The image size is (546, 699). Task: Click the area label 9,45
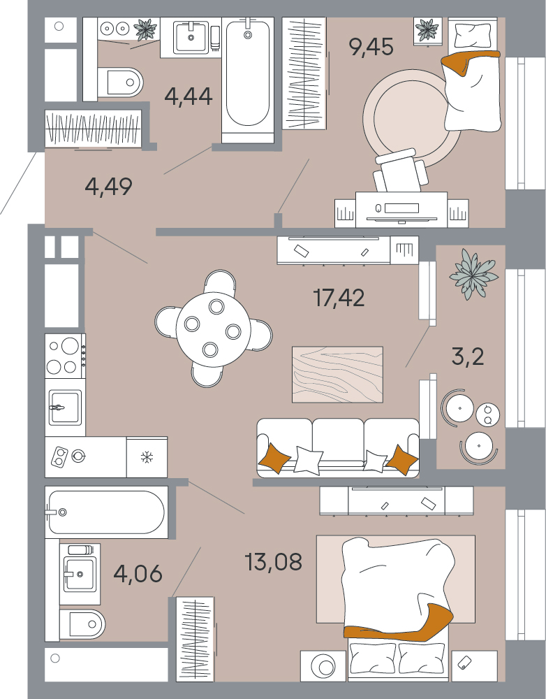371,47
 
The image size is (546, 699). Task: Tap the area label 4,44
189,96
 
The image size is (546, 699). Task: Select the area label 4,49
109,187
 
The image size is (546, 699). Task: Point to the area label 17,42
339,298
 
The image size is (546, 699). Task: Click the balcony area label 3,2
468,356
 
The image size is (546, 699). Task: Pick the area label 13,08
274,562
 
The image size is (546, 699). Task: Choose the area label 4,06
138,573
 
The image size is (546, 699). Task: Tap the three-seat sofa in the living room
338,447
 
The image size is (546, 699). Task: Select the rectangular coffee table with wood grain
337,375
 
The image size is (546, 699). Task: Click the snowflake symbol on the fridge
147,457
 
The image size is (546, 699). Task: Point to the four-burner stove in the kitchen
65,356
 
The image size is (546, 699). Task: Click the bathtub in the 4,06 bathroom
106,512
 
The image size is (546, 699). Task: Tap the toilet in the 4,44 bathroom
119,82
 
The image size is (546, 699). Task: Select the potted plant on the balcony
473,273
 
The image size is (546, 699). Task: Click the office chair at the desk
400,170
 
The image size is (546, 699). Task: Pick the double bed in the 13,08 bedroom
397,609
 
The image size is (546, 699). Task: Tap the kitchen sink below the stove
65,408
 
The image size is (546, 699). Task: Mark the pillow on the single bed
472,35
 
